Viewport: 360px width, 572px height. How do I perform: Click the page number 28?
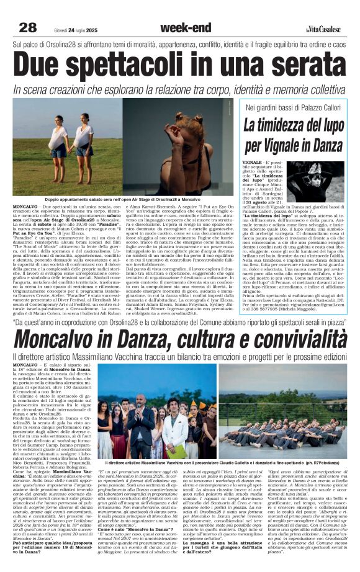(x=28, y=27)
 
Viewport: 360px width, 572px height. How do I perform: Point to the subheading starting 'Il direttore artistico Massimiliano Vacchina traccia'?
(x=180, y=359)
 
